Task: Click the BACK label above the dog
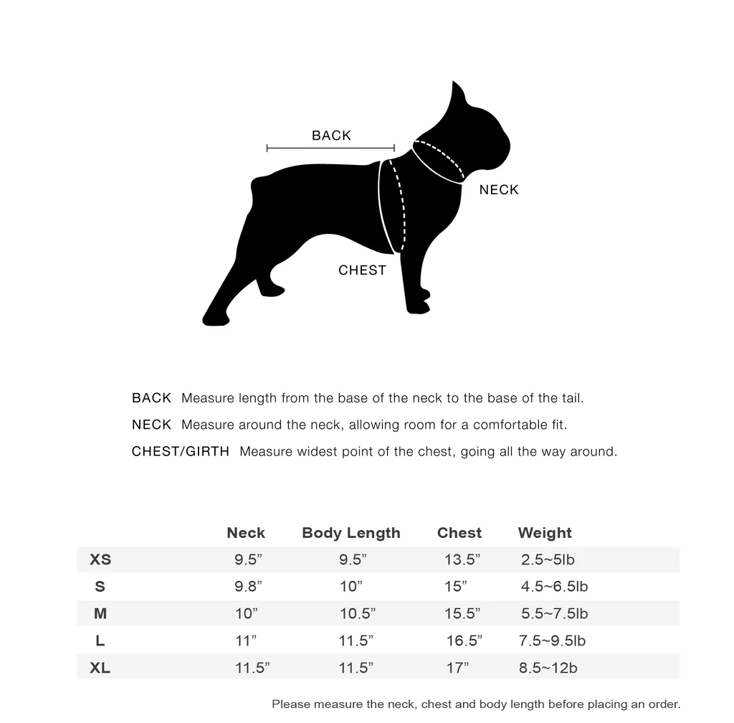331,136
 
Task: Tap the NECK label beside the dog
498,190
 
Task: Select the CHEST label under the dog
362,270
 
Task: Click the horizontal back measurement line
330,148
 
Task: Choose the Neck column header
245,533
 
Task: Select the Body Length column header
351,533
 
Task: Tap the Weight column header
544,533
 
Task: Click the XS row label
100,559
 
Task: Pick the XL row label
100,668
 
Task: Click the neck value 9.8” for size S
248,587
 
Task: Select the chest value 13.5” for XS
462,559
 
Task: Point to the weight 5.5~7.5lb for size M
554,614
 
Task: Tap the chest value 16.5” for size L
464,641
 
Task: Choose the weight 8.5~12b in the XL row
548,668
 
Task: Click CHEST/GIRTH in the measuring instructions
181,452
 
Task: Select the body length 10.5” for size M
357,614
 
